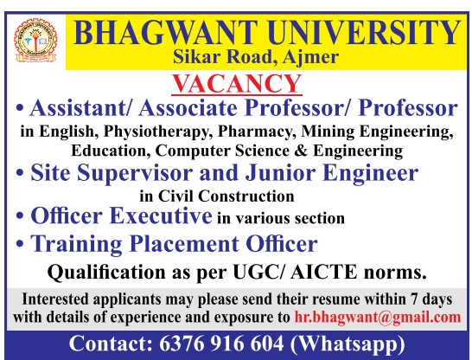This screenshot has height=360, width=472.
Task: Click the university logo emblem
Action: [x=35, y=41]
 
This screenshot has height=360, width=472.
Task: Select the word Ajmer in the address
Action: [x=310, y=57]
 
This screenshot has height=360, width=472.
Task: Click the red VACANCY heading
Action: [x=237, y=83]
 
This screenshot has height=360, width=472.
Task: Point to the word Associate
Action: [x=188, y=108]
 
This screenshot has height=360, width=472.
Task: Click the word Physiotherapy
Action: [x=156, y=132]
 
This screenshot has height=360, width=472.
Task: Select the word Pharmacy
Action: [x=255, y=132]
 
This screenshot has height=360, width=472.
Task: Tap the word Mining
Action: [x=328, y=132]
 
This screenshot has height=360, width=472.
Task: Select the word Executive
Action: [x=161, y=216]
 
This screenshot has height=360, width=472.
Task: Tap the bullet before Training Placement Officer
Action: [x=20, y=244]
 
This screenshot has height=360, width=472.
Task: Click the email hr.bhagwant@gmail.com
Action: [x=378, y=318]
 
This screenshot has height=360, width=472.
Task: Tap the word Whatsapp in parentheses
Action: [x=348, y=344]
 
